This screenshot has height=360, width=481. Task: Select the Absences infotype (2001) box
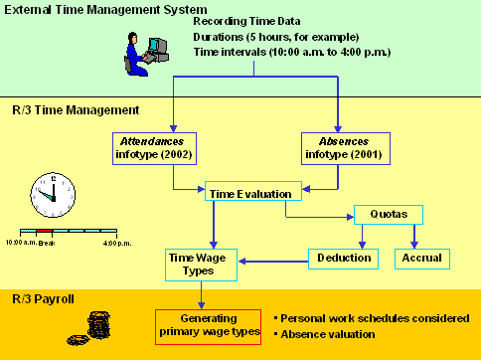click(341, 148)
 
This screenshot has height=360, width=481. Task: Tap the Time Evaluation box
click(248, 193)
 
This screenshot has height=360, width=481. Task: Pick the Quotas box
click(388, 215)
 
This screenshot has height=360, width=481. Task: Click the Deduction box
click(344, 258)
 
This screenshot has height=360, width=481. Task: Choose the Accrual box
click(422, 258)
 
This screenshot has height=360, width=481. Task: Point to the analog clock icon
click(47, 193)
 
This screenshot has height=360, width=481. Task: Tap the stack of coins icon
click(98, 325)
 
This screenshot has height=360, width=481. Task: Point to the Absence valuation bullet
click(328, 334)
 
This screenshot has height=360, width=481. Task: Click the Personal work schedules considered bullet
click(374, 318)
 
